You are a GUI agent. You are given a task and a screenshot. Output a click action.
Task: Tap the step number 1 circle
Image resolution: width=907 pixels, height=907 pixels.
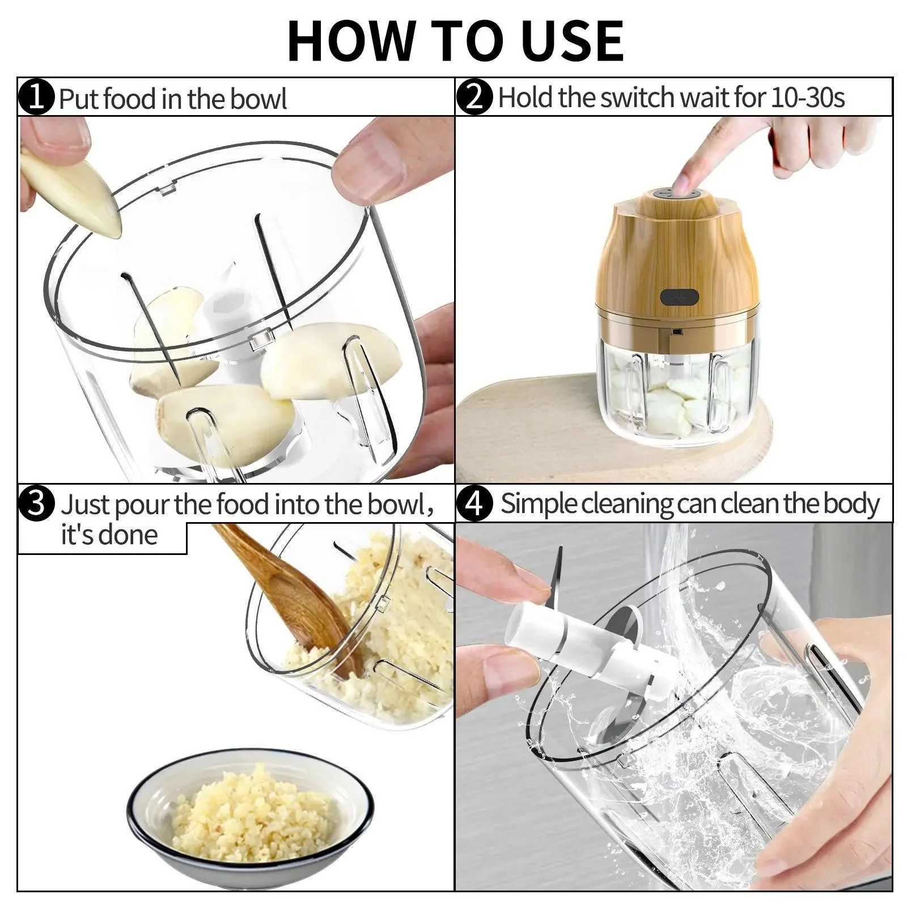[x=36, y=98]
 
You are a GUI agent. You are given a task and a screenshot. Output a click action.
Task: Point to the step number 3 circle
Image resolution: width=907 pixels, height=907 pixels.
[x=36, y=504]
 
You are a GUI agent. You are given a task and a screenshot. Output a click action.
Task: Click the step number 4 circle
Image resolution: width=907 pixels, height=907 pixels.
[x=475, y=504]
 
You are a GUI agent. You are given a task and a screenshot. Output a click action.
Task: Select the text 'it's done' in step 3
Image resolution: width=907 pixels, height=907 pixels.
[x=109, y=535]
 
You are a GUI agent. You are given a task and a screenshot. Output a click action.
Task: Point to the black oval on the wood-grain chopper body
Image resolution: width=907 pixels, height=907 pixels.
[x=679, y=297]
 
